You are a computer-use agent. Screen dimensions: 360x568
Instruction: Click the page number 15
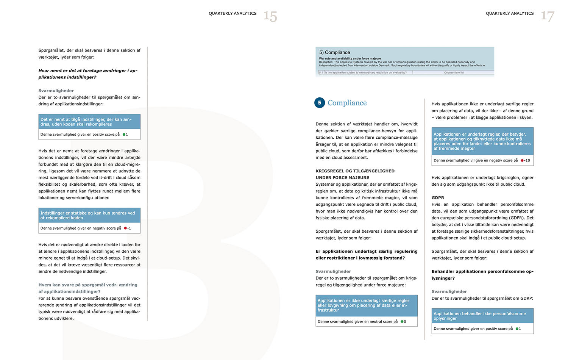(x=270, y=16)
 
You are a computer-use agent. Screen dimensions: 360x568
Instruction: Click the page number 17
(x=547, y=16)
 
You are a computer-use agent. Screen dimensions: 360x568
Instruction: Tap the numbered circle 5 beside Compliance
(x=320, y=103)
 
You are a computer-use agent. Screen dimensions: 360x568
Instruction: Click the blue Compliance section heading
(x=347, y=103)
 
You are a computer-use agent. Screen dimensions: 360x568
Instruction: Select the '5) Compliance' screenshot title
(x=334, y=52)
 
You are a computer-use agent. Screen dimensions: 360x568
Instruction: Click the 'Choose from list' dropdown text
(x=454, y=72)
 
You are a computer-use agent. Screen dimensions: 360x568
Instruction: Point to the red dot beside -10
(x=522, y=160)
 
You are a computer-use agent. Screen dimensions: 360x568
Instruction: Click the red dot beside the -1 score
(x=125, y=228)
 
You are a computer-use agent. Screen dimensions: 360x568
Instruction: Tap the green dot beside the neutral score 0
(x=402, y=322)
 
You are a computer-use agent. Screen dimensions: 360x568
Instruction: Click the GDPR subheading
(x=438, y=197)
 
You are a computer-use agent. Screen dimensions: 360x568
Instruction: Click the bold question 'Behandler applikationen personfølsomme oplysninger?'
(x=482, y=275)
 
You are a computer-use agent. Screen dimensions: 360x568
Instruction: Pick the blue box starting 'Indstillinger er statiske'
(x=89, y=215)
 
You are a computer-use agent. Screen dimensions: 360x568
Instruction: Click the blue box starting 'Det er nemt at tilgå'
(x=89, y=122)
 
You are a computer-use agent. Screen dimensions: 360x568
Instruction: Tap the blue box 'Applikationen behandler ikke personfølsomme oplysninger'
(x=482, y=316)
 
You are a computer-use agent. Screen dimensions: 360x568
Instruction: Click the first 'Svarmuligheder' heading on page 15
(x=56, y=91)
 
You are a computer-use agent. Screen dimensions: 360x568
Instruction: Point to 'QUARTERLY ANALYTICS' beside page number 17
(x=510, y=13)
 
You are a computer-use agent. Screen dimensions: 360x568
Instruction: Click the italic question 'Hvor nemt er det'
(x=88, y=74)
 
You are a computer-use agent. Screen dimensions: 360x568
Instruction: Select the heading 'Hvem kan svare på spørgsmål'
(x=88, y=288)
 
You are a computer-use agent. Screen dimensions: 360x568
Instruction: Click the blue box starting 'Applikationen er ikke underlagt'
(x=366, y=305)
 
